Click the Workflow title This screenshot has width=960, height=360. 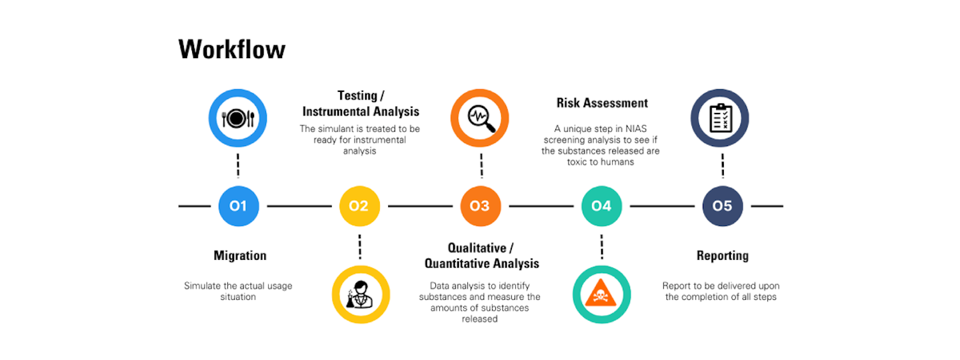pos(232,50)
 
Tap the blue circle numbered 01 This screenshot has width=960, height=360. pos(238,206)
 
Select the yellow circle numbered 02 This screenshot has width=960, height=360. pos(359,206)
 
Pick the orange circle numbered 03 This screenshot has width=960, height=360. pos(480,206)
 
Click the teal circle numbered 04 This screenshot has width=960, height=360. pos(601,206)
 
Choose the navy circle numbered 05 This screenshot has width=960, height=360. pos(722,206)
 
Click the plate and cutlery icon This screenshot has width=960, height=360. pos(237,118)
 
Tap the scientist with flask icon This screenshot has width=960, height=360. pos(360,294)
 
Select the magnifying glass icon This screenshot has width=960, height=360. pos(480,118)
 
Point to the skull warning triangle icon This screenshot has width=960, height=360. pos(601,294)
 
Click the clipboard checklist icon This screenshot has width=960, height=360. pos(720,118)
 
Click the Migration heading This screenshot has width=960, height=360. pos(240,256)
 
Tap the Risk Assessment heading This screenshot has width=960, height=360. pos(602,103)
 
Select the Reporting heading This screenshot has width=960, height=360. pos(722,256)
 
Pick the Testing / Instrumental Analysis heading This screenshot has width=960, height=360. pos(361,103)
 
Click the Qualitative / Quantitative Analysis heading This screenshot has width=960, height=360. pos(482,255)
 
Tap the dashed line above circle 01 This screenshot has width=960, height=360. pos(238,165)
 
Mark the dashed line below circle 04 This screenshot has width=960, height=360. pos(601,246)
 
